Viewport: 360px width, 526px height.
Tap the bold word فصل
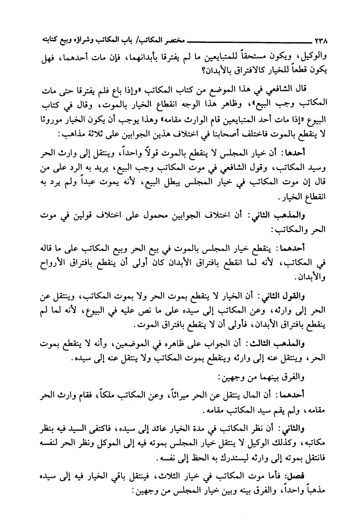tap(311, 475)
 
